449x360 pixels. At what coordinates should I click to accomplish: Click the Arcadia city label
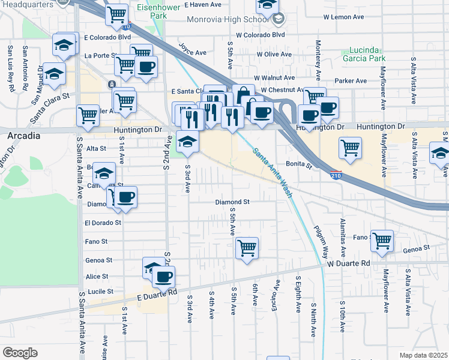[x=24, y=136]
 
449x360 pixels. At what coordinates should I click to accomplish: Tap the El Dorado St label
[x=103, y=222]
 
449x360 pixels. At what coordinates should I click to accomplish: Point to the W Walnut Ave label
[x=274, y=78]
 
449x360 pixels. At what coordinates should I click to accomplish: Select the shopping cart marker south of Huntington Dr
[x=350, y=147]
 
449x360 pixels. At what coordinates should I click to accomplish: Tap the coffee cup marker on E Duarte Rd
[x=163, y=277]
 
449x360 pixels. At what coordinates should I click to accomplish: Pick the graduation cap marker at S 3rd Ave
[x=188, y=142]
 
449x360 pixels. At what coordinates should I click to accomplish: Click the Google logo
[x=20, y=353]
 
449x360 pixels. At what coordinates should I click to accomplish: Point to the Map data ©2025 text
[x=423, y=355]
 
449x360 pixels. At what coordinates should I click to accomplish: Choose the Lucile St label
[x=101, y=291]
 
